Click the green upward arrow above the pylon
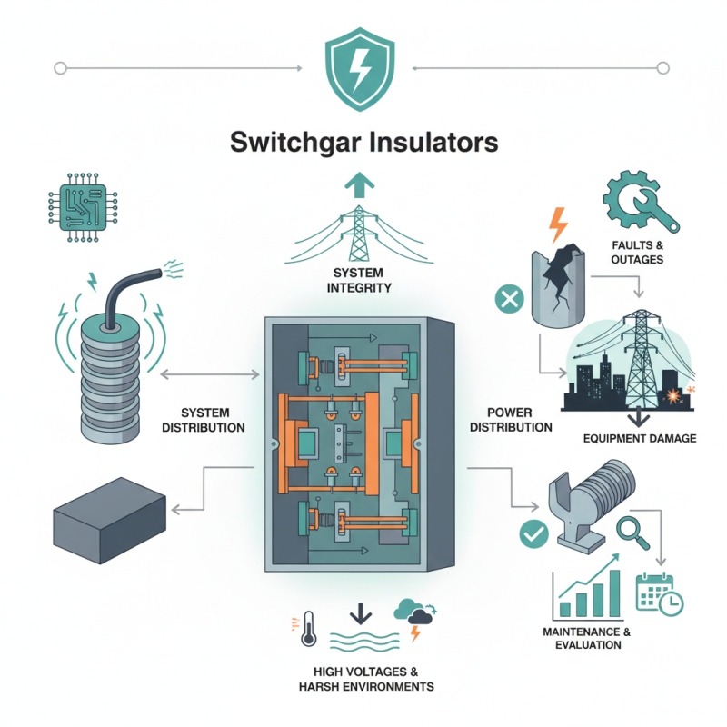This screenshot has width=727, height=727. [x=363, y=185]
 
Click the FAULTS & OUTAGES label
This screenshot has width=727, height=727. [x=637, y=252]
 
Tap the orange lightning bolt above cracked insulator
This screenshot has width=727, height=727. [x=556, y=224]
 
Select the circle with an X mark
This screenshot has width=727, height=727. [x=504, y=299]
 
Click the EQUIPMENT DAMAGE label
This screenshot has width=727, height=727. [x=640, y=438]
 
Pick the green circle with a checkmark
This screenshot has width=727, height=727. [x=532, y=533]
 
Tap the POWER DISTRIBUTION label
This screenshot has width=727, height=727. [x=513, y=420]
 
